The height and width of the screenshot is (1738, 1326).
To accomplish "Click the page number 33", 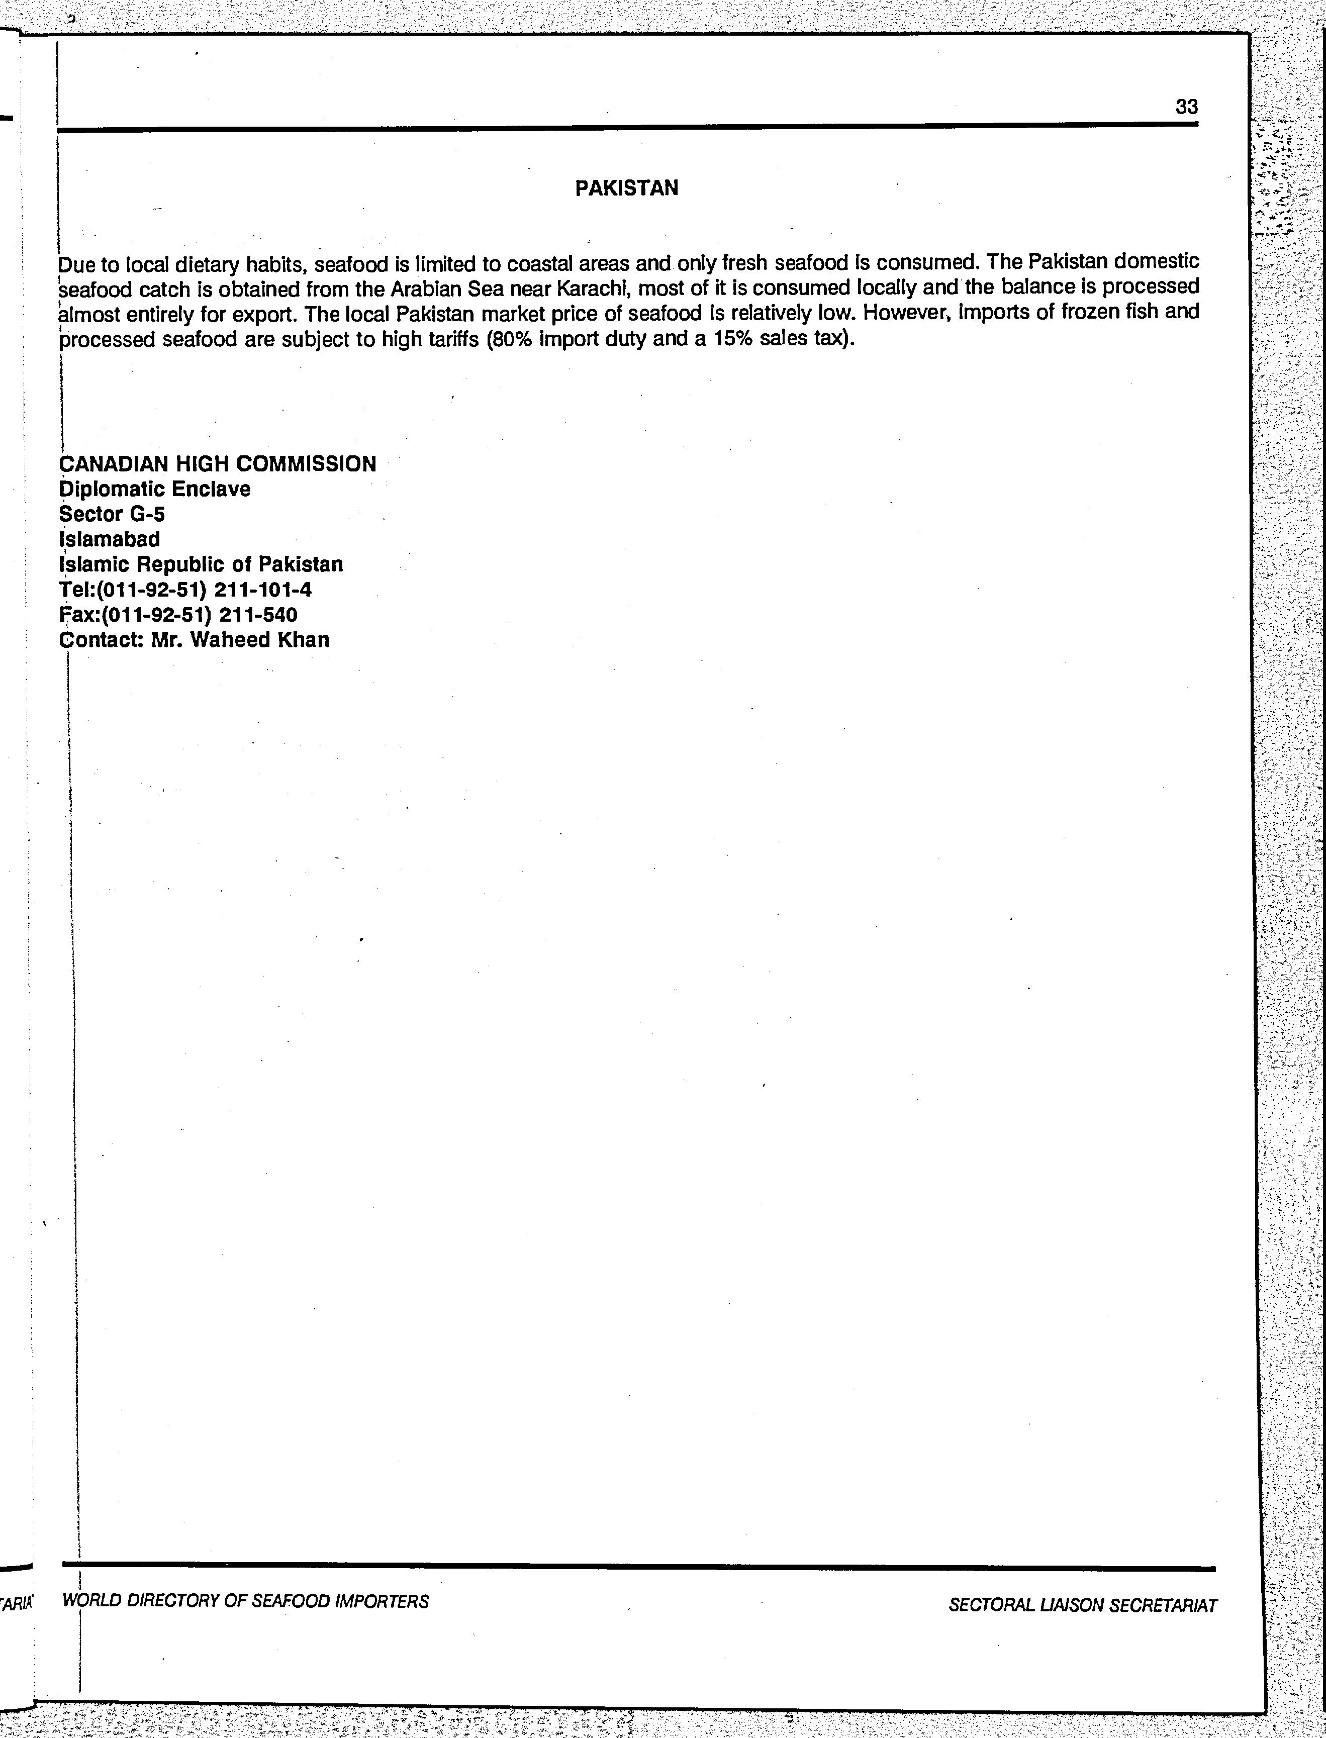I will [x=1186, y=107].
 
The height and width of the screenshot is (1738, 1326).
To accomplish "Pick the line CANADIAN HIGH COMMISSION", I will [x=218, y=463].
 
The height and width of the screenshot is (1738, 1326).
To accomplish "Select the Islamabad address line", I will [x=110, y=539].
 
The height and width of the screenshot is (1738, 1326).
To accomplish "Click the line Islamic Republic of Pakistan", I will [x=201, y=564].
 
